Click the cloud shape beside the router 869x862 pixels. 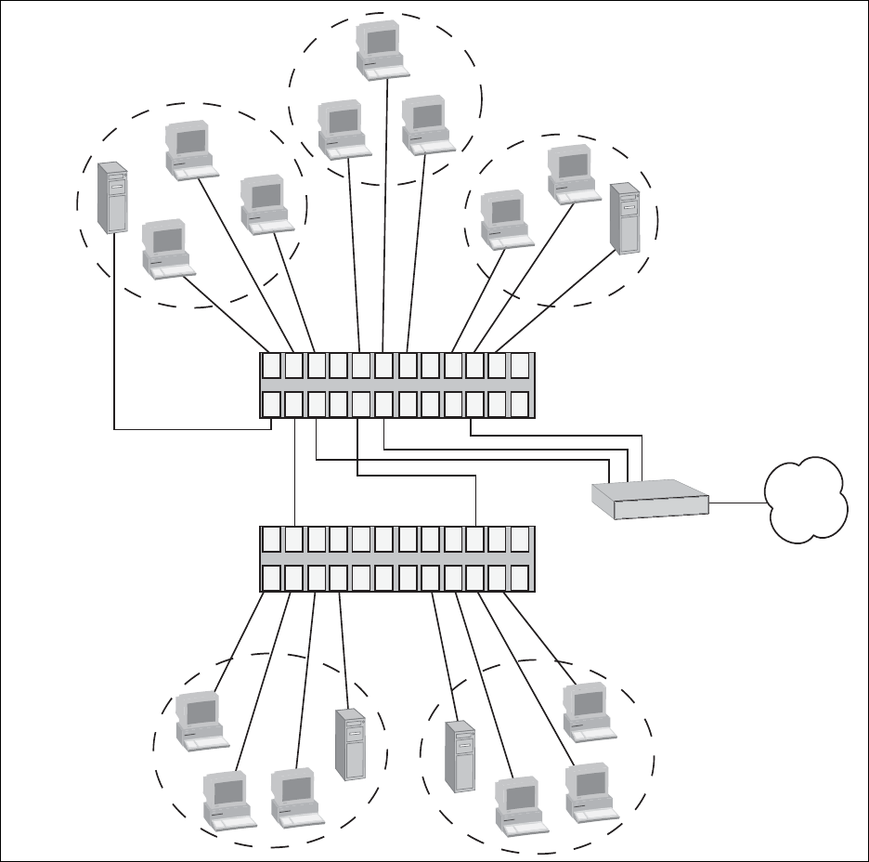pyautogui.click(x=806, y=498)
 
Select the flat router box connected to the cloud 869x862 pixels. pyautogui.click(x=650, y=499)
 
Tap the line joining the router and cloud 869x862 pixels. pyautogui.click(x=737, y=503)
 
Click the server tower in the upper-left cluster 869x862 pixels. pyautogui.click(x=111, y=197)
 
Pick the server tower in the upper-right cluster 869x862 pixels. pyautogui.click(x=625, y=219)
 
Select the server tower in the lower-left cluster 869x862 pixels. pyautogui.click(x=348, y=744)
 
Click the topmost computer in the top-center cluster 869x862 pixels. pyautogui.click(x=382, y=48)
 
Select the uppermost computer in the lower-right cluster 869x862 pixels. pyautogui.click(x=587, y=712)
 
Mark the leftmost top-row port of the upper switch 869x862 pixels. pyautogui.click(x=271, y=365)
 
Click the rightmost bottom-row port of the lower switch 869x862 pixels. pyautogui.click(x=520, y=577)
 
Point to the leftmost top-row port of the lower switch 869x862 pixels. pyautogui.click(x=271, y=540)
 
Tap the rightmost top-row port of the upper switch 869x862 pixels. pyautogui.click(x=520, y=365)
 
